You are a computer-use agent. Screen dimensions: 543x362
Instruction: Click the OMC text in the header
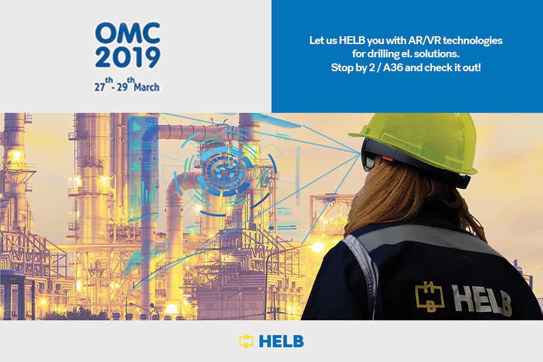[128, 33]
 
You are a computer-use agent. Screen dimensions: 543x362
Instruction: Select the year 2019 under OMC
[128, 57]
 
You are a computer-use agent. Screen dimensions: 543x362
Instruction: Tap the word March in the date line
[147, 87]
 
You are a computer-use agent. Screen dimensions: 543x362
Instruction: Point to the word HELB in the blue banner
[352, 40]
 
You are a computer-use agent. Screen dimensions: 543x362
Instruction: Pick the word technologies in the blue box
[472, 41]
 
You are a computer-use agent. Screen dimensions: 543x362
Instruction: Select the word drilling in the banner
[378, 54]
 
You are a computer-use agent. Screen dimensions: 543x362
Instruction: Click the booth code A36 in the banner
[393, 68]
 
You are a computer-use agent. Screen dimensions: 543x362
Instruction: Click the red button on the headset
[388, 158]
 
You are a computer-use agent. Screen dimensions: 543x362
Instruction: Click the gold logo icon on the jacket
[430, 297]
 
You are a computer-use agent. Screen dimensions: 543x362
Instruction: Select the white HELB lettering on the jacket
[481, 300]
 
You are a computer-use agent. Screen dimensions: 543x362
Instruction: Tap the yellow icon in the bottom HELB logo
[246, 341]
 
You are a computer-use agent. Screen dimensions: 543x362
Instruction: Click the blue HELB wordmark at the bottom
[281, 341]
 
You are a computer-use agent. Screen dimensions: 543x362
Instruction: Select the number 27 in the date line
[100, 87]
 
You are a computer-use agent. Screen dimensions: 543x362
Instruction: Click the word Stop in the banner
[341, 68]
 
